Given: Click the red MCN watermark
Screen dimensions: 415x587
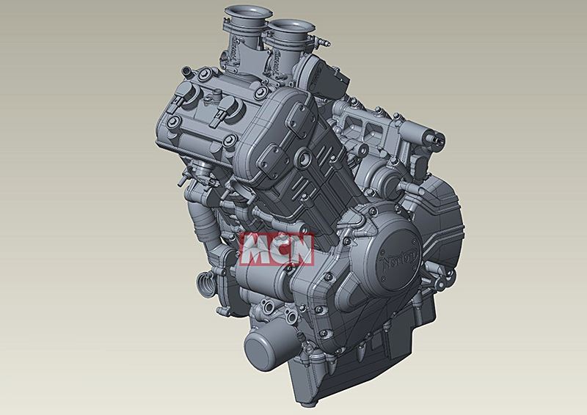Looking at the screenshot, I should click(x=277, y=249).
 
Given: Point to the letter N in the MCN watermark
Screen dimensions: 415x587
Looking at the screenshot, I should click(x=299, y=249).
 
